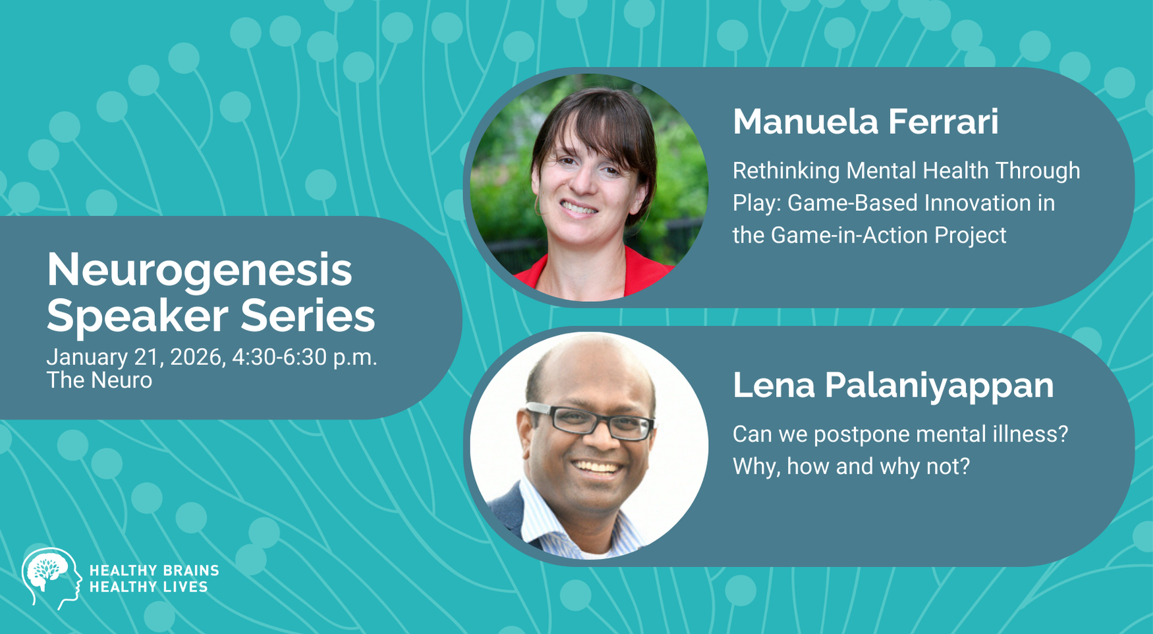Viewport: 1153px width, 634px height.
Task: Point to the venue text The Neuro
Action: [x=99, y=380]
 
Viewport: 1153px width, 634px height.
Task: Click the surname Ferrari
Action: [x=943, y=122]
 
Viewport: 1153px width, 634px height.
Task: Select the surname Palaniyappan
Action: [x=939, y=386]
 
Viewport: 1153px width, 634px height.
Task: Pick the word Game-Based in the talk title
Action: [x=853, y=203]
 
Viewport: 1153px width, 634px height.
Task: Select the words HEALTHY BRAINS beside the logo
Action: [x=154, y=571]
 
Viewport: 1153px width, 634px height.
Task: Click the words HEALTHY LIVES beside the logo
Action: [x=149, y=587]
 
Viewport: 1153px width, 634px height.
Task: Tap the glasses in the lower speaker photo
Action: [x=590, y=420]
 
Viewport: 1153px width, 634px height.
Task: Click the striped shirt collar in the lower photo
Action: [x=567, y=521]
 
